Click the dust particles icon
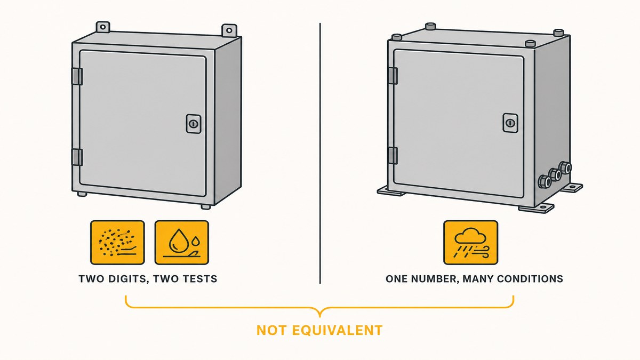click(x=117, y=242)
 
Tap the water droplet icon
click(x=182, y=242)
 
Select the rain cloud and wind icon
click(x=470, y=242)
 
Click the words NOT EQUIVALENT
click(x=319, y=330)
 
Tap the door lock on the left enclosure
click(x=194, y=124)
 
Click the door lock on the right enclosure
click(x=510, y=123)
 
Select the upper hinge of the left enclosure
click(x=77, y=76)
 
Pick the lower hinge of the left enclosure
click(x=77, y=157)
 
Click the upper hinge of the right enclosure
click(x=393, y=76)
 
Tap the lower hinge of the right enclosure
click(x=393, y=156)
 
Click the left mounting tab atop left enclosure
click(x=103, y=27)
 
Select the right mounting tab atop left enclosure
click(x=229, y=30)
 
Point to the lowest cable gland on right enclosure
click(x=545, y=181)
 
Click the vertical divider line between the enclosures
click(x=320, y=154)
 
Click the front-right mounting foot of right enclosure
click(x=537, y=208)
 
